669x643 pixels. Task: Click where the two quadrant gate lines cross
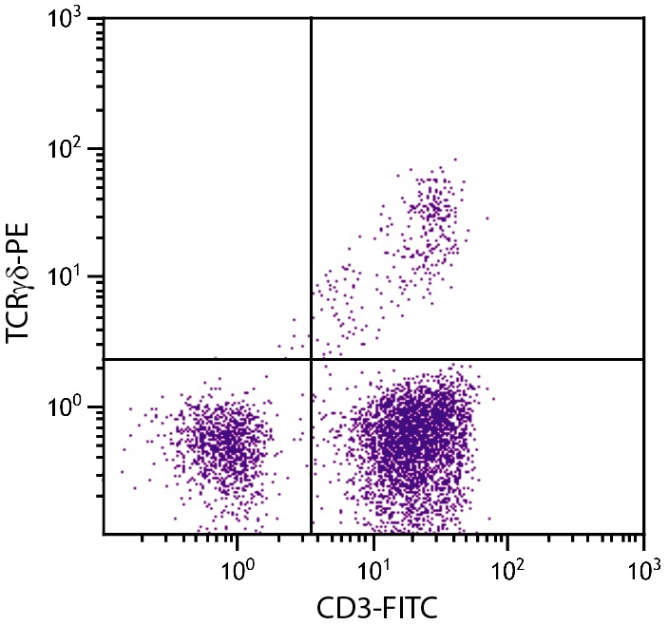(x=311, y=359)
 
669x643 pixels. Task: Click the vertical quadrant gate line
(x=311, y=190)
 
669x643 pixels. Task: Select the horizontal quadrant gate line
(x=475, y=359)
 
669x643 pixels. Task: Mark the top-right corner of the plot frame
(x=643, y=18)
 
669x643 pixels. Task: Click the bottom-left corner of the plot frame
(x=104, y=534)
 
